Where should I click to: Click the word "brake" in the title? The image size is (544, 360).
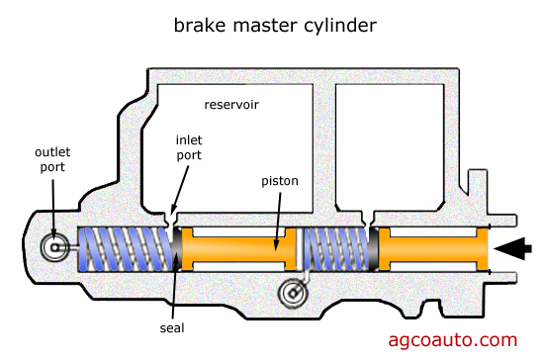pos(200,26)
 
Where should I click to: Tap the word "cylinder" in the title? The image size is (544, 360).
pos(340,27)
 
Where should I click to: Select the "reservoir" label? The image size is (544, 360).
pos(231,105)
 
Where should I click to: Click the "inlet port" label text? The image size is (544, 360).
pos(189,147)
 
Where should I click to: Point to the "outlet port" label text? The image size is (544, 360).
pos(52,159)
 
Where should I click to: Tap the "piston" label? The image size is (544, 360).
pos(280,181)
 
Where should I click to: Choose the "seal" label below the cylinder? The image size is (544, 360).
pos(172,327)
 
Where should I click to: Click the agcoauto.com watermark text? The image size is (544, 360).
pos(453,340)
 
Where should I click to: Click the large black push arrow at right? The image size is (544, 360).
pos(512,248)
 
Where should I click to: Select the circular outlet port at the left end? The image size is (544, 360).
pos(54,247)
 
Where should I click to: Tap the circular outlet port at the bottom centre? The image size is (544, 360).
pos(293,293)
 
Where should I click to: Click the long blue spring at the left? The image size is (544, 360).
pos(125,249)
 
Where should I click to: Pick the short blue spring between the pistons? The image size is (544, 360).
pos(336,249)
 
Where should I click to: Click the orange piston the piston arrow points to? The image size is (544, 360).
pos(238,249)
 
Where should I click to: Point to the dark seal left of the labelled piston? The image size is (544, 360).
pos(177,249)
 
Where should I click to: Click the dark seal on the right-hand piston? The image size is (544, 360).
pos(374,249)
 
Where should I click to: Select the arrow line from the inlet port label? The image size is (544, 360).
pos(180,191)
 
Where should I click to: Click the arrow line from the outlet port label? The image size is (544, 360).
pos(53,209)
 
